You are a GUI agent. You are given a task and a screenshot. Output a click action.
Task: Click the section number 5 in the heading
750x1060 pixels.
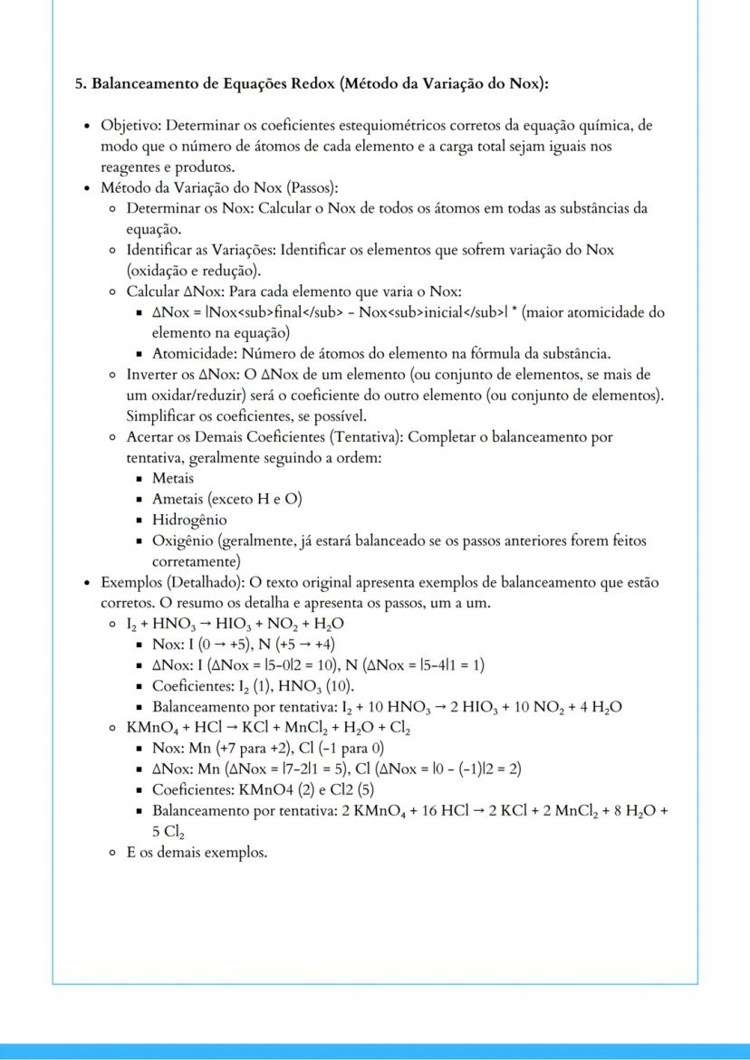(x=79, y=84)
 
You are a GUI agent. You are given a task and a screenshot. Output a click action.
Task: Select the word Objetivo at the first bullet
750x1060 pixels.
(x=129, y=125)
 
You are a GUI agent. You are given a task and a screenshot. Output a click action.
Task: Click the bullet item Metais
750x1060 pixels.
(x=173, y=478)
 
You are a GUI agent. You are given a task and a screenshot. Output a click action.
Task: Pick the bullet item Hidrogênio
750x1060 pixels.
(x=188, y=520)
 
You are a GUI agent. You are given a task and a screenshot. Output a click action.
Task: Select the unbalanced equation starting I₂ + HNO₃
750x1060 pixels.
(x=236, y=624)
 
